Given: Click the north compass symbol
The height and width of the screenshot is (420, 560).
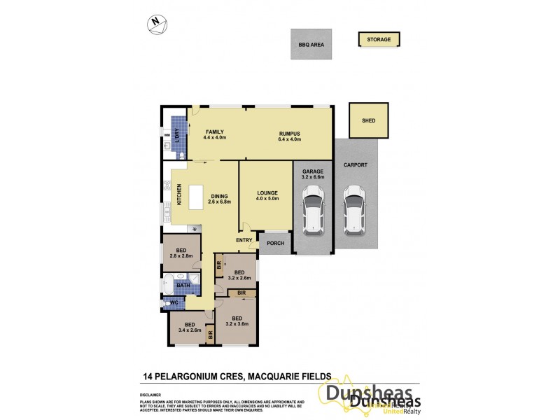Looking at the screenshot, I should (157, 24).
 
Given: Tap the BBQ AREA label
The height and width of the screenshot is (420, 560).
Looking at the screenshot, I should (311, 44).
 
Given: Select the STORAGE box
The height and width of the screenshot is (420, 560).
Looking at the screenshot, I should (379, 40).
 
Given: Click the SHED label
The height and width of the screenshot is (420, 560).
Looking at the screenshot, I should (368, 121).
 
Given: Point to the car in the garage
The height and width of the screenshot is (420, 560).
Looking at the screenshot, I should (312, 209).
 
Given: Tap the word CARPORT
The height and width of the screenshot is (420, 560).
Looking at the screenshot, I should (356, 165).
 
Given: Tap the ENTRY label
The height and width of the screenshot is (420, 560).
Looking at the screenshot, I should (244, 240).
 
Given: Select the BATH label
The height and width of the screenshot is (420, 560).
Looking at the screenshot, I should (183, 285).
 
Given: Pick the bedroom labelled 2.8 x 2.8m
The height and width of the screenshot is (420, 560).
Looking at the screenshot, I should (181, 254).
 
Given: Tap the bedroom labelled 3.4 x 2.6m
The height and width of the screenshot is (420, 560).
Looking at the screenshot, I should (190, 327).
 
